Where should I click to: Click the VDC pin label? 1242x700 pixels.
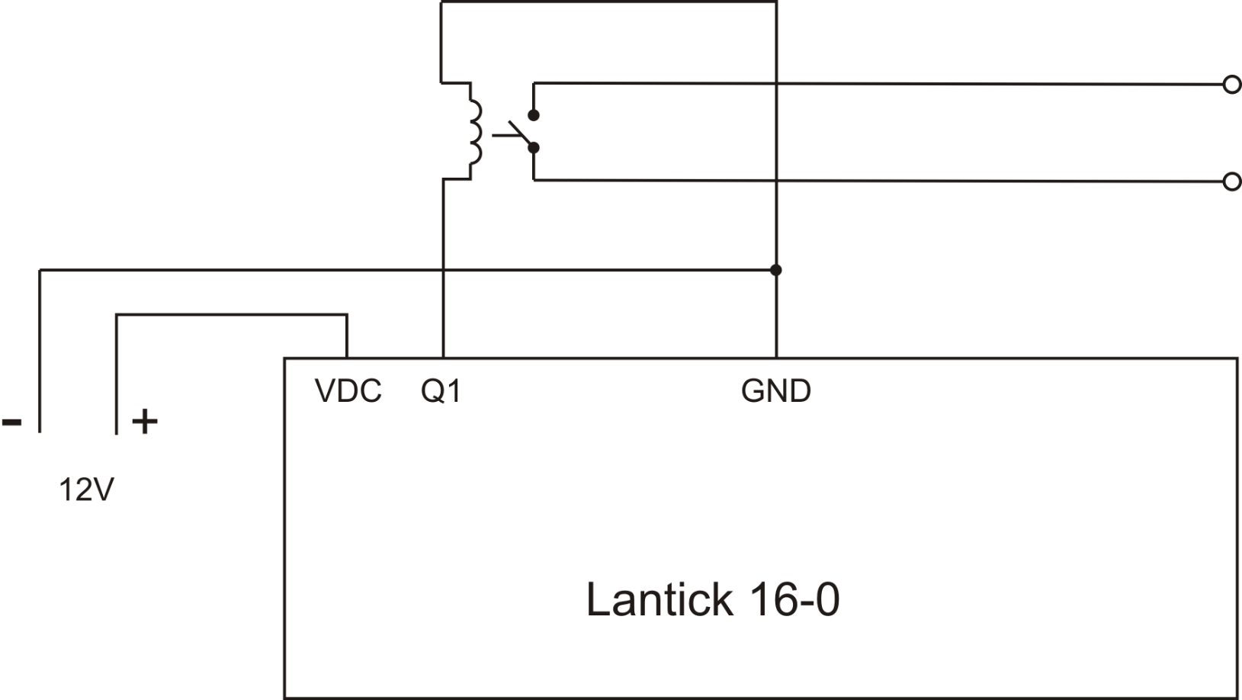[x=348, y=391]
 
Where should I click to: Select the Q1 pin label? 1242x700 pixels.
[x=441, y=391]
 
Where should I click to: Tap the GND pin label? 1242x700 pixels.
[x=775, y=391]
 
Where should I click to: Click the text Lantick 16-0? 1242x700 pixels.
[x=712, y=599]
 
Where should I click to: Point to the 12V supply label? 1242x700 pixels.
[x=86, y=490]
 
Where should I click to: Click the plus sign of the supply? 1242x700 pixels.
[x=145, y=421]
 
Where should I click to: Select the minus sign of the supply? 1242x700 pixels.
[x=12, y=421]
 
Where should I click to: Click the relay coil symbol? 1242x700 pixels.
[x=474, y=133]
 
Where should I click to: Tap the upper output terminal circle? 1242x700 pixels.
[x=1231, y=85]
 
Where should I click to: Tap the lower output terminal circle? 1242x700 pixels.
[x=1231, y=181]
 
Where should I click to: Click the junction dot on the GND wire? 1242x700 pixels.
[x=775, y=270]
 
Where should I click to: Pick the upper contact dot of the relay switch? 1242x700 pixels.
[x=534, y=115]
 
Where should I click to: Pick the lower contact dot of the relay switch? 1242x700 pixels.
[x=534, y=147]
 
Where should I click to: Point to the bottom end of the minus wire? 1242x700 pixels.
[x=40, y=431]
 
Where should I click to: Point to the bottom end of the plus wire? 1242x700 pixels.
[x=116, y=432]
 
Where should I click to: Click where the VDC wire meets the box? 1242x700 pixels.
[x=347, y=357]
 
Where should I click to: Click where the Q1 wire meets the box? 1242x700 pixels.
[x=442, y=357]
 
